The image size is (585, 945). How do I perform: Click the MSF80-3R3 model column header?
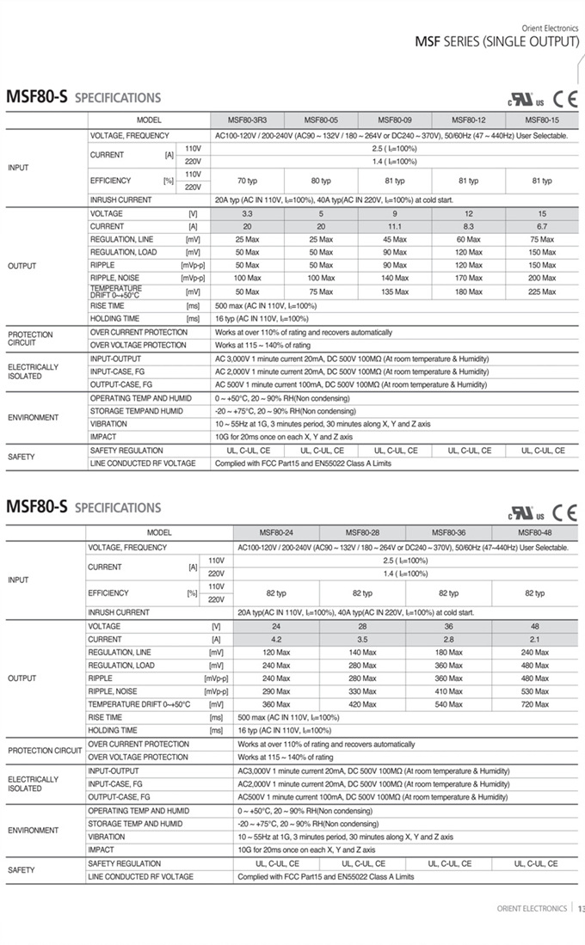247,120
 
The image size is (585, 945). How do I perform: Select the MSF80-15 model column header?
542,120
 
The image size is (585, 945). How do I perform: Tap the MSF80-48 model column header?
534,532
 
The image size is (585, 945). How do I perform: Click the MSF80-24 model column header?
276,532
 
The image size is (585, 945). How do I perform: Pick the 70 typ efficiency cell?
247,181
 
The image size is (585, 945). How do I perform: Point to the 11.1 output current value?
395,226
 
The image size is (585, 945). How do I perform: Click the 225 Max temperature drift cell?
542,291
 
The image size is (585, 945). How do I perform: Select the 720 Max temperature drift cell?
534,704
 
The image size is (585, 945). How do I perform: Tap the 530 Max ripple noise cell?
534,691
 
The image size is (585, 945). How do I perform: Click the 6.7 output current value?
542,226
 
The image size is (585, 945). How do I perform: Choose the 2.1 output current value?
534,639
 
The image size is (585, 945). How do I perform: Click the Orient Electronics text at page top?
550,28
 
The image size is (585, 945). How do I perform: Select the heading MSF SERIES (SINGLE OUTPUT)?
496,42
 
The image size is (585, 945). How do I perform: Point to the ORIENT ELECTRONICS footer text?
532,908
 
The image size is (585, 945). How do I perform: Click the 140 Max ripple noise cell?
395,279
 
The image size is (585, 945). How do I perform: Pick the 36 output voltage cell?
448,626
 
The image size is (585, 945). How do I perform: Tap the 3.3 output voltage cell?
247,213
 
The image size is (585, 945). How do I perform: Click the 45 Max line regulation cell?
395,239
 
